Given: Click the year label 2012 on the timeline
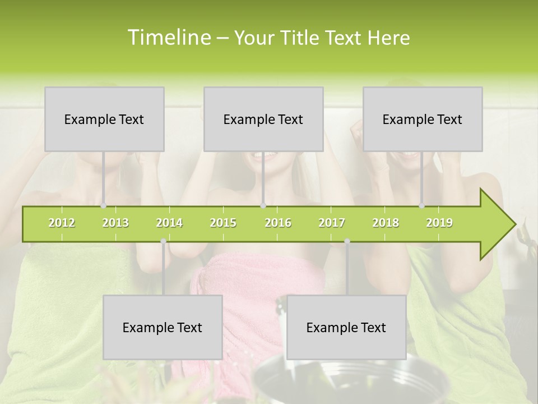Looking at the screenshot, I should [x=62, y=223].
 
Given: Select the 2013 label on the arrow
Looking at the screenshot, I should [x=115, y=223].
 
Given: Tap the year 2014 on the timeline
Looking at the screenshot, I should [x=169, y=223].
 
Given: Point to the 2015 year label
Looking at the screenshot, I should [x=223, y=223].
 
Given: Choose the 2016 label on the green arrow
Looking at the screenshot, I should [x=278, y=223].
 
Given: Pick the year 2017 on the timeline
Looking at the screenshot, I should [x=332, y=223].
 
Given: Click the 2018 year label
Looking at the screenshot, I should [x=386, y=223].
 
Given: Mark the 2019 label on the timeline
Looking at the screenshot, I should [x=439, y=223].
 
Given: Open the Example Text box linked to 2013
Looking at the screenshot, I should [x=104, y=119].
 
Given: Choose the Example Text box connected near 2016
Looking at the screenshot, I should [x=263, y=119].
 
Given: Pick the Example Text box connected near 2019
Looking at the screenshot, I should [x=423, y=119].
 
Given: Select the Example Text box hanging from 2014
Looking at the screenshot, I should [x=163, y=327].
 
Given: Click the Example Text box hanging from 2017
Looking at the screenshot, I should [x=346, y=327].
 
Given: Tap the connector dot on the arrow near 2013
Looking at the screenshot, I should [x=103, y=206].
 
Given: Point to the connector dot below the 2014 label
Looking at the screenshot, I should [x=163, y=241].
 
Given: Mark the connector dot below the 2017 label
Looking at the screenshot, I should [x=347, y=241].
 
